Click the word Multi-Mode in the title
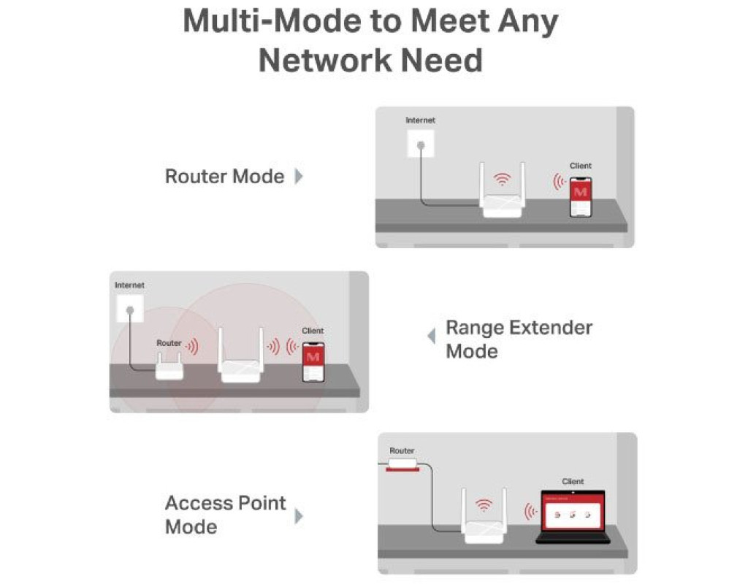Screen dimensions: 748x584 click(x=272, y=21)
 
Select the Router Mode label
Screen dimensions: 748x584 click(x=224, y=177)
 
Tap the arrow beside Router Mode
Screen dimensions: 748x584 click(x=299, y=177)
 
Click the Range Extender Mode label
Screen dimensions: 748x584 click(x=519, y=339)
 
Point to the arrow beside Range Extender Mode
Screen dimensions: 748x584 click(x=432, y=336)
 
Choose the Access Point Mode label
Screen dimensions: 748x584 click(x=225, y=515)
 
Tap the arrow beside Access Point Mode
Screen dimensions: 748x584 click(x=299, y=516)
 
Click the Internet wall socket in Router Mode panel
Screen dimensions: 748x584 click(x=421, y=144)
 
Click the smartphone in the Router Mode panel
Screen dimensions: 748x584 click(x=581, y=197)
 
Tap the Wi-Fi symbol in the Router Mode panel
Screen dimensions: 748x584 click(x=502, y=180)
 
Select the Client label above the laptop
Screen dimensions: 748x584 click(x=573, y=482)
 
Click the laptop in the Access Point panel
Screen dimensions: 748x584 click(x=573, y=517)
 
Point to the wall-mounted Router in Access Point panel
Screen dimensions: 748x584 click(x=402, y=464)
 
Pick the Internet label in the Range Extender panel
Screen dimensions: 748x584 click(x=129, y=285)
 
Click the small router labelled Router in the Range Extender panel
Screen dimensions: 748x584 click(x=169, y=366)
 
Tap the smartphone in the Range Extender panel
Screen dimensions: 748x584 click(x=313, y=362)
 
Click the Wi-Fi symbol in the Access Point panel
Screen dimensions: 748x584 click(x=484, y=505)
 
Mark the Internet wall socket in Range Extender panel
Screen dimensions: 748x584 click(x=130, y=309)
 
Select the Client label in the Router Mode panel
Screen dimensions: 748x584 click(x=581, y=166)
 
